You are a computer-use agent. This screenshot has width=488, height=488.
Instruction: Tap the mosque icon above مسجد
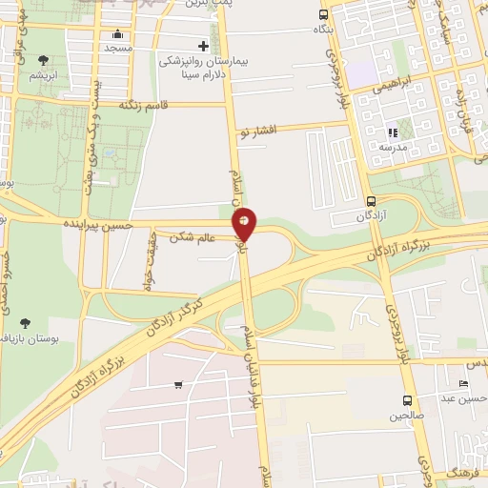coord(118,35)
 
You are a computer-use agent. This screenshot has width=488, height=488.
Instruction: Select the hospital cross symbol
coord(203,46)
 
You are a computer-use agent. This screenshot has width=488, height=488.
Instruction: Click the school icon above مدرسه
coord(391,133)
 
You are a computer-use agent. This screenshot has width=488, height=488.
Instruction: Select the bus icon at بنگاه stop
coord(324,14)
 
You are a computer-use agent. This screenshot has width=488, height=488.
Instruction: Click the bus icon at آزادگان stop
coord(372,201)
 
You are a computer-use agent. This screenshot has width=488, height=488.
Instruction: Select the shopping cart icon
coord(178,385)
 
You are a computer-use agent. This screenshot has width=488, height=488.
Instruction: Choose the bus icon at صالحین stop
coord(407,400)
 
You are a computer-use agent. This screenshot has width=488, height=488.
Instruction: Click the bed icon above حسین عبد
coord(464,383)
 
